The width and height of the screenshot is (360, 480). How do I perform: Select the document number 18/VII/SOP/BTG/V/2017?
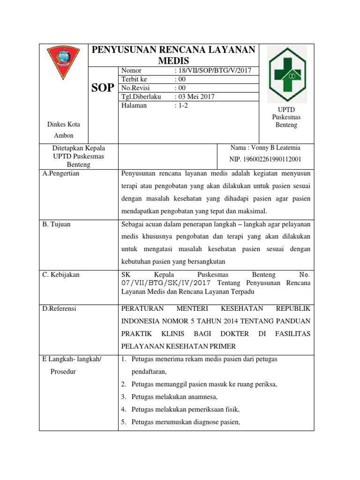[214, 71]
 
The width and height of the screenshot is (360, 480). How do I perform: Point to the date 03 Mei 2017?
[195, 97]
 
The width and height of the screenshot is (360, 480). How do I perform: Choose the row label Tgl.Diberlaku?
[141, 97]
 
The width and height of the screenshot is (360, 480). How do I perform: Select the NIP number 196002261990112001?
[265, 159]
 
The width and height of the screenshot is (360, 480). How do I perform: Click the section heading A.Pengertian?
[61, 173]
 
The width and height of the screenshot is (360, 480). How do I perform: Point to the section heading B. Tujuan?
[56, 224]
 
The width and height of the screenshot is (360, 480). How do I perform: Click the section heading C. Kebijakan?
[61, 275]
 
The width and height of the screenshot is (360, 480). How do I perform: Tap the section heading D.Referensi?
[59, 309]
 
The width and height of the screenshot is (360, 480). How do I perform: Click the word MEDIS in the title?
[173, 61]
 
